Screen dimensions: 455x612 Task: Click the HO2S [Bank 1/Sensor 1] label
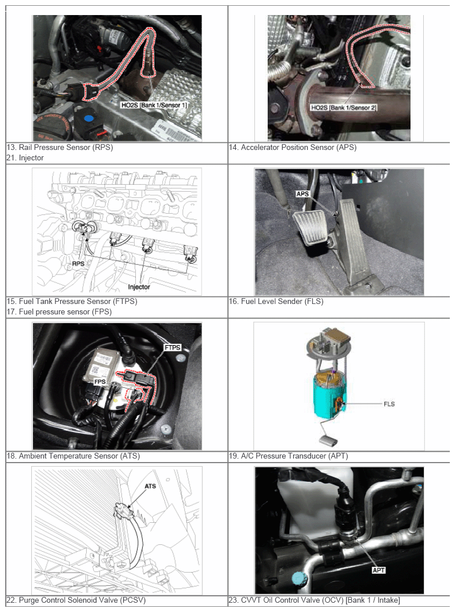click(x=154, y=105)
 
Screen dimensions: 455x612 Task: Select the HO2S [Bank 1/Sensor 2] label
click(x=343, y=107)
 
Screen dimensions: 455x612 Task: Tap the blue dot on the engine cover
click(x=88, y=118)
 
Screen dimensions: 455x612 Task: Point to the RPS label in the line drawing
click(x=78, y=264)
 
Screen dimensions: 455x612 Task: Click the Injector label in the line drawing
click(x=139, y=287)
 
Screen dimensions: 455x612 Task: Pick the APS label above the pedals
click(x=302, y=194)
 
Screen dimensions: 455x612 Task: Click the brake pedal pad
click(x=309, y=227)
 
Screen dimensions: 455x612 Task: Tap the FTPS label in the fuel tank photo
click(x=172, y=347)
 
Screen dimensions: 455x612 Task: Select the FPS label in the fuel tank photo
click(x=100, y=382)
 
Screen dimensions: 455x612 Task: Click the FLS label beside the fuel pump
click(x=389, y=404)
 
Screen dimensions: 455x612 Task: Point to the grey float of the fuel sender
click(x=328, y=441)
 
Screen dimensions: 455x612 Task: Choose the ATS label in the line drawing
click(x=150, y=486)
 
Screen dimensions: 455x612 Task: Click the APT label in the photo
click(x=379, y=570)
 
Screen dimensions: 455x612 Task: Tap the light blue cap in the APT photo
click(x=299, y=578)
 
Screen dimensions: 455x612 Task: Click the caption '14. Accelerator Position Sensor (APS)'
click(x=293, y=148)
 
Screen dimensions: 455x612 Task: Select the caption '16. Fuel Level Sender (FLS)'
click(x=276, y=301)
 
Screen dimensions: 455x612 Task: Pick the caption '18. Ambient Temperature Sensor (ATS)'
click(x=73, y=456)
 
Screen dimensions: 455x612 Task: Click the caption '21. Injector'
click(x=25, y=158)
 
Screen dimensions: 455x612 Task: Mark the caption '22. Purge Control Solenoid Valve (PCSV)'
click(x=76, y=600)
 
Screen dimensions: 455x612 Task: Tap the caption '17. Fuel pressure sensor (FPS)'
click(x=60, y=312)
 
